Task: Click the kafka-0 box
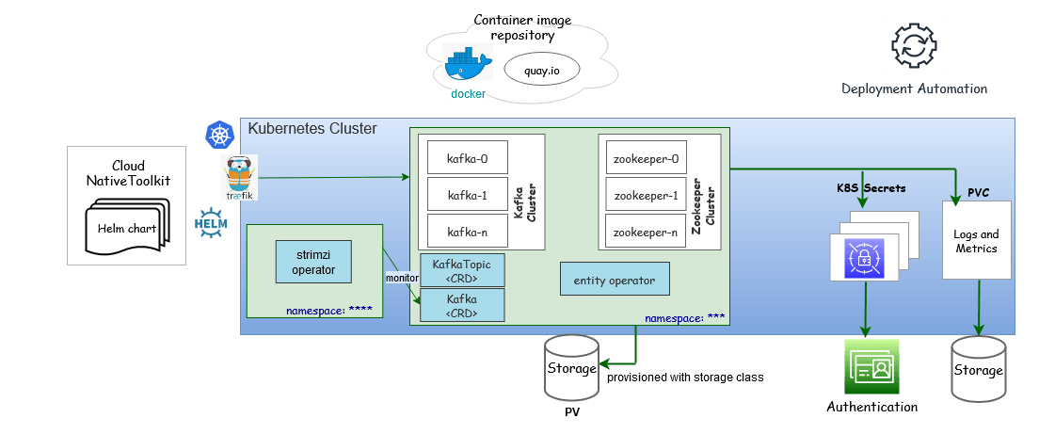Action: [468, 158]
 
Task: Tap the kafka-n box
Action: [468, 231]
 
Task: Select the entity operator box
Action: [615, 280]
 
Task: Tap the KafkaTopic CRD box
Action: [462, 270]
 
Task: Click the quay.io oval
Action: [541, 69]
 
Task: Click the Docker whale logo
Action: [468, 66]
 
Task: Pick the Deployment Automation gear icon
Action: [913, 45]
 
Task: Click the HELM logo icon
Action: [210, 222]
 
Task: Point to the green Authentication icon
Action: [871, 368]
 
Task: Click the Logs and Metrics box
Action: [977, 241]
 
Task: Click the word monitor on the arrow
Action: [402, 278]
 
